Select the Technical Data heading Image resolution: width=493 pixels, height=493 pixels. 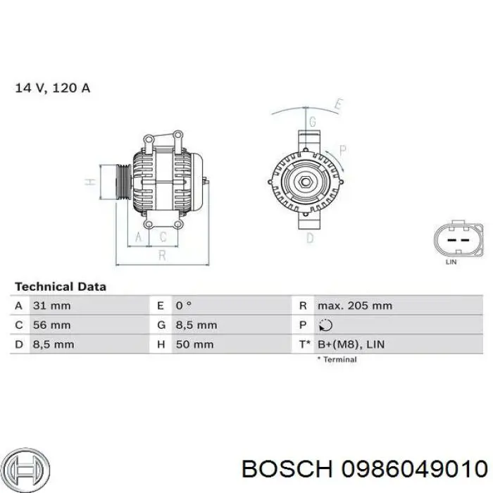point(61,287)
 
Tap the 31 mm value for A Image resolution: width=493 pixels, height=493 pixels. point(51,306)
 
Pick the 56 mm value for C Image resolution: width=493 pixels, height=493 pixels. point(51,325)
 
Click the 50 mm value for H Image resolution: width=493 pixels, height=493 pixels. point(194,344)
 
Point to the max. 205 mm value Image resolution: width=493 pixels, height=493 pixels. point(354,306)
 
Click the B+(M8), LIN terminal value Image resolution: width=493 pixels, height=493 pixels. point(350,344)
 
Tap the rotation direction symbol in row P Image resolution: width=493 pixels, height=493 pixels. point(325,325)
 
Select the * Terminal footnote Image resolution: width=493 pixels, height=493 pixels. point(337,359)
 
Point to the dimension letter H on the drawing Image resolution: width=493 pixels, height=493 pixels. point(89,182)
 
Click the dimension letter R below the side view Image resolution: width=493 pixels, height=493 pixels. point(163,256)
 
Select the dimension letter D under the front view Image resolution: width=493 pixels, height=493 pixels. point(310,238)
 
